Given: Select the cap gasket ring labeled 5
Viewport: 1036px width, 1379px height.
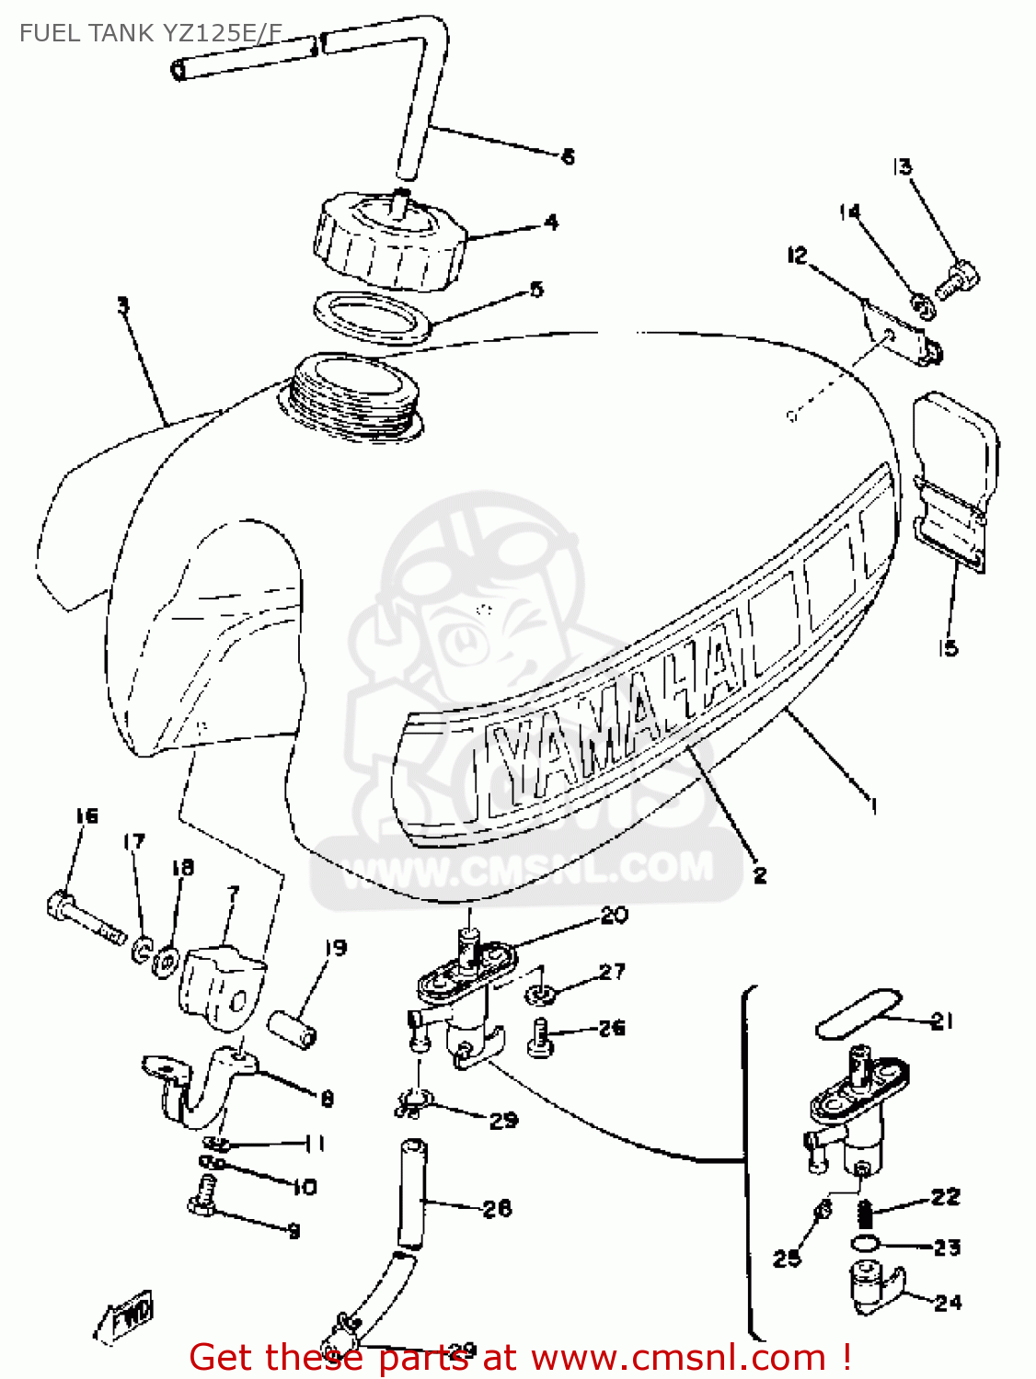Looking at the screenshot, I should click(373, 317).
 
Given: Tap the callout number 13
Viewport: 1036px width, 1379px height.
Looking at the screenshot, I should click(902, 166).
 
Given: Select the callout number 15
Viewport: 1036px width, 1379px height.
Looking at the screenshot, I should click(948, 648).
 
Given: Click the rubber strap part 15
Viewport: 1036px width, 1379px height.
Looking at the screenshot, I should click(954, 478).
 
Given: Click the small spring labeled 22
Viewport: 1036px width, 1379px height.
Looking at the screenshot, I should click(865, 1215).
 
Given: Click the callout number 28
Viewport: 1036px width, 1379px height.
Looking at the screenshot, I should click(497, 1208).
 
